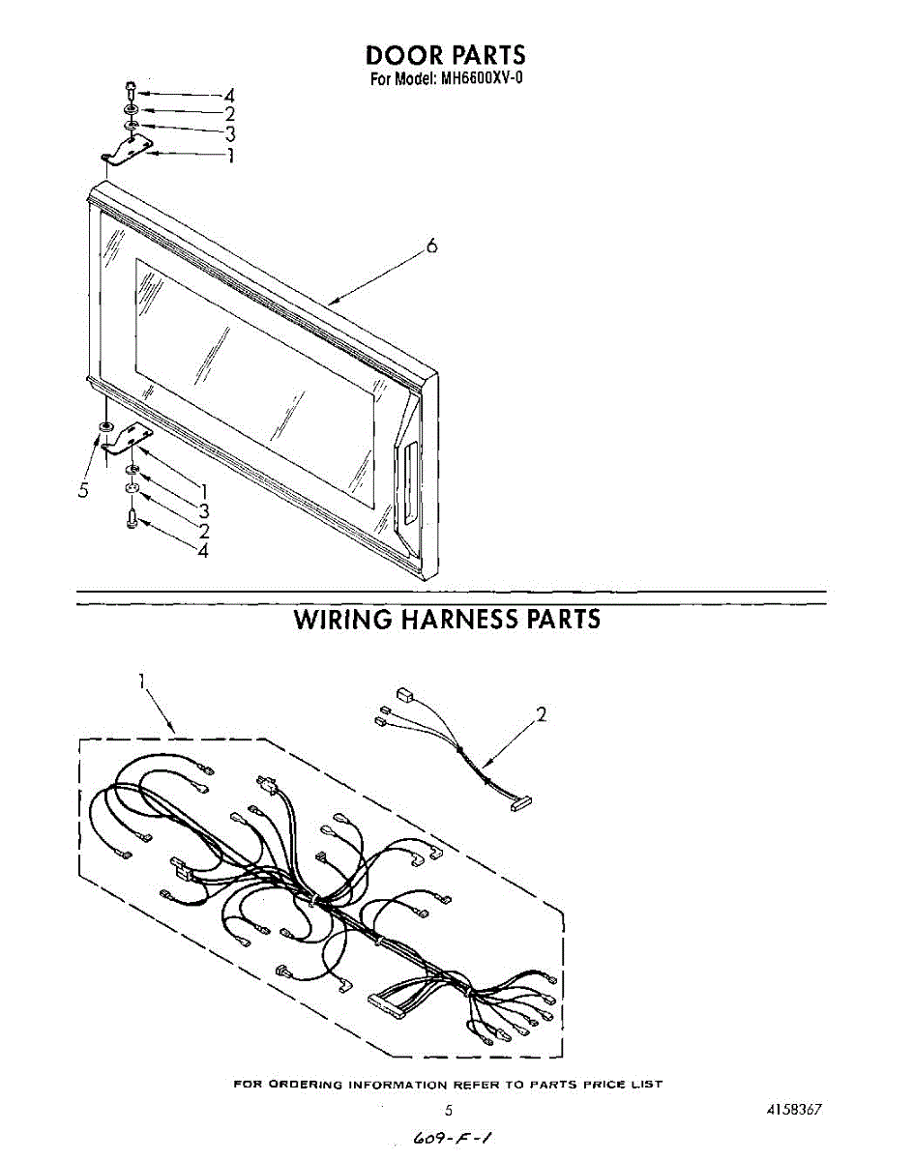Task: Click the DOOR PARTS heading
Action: tap(446, 55)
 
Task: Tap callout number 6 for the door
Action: tap(432, 247)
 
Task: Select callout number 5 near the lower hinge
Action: tap(84, 490)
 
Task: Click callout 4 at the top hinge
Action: tap(229, 96)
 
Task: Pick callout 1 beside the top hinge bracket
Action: tap(230, 155)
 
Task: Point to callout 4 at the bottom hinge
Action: tap(203, 551)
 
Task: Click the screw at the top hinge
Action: tap(130, 91)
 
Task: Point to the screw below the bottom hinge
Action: tap(132, 519)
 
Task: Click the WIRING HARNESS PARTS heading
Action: tap(447, 620)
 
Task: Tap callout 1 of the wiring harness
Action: tap(142, 681)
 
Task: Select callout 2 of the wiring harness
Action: tap(542, 715)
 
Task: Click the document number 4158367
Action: tap(794, 1110)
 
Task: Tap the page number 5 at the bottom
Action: tap(448, 1111)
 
